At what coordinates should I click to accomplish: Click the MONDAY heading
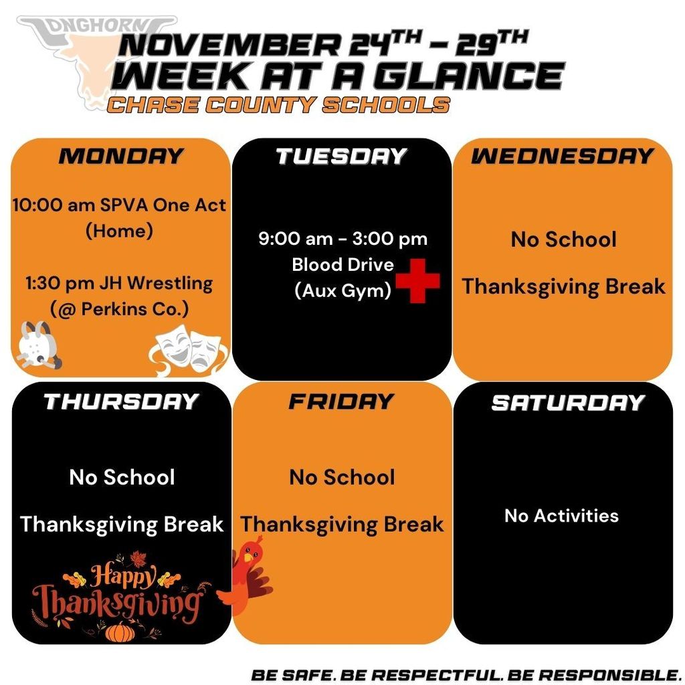coord(120,156)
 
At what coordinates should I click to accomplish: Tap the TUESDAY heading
coord(341,156)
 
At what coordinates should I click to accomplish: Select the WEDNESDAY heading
coord(562,156)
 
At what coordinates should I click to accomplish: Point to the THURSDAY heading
coord(121,401)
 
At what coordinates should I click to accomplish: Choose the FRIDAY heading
coord(341,401)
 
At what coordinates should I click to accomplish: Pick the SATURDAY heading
coord(567,402)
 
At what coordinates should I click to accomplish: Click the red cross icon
coord(417,280)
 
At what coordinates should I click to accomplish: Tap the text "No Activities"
coord(561,516)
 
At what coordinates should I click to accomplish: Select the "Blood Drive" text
coord(342,264)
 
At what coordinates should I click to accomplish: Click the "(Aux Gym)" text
coord(342,291)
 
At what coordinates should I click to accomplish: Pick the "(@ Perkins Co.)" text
coord(119,310)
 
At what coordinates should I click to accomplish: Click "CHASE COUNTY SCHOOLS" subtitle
coord(278,104)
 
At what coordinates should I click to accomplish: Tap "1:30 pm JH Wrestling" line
coord(119,283)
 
